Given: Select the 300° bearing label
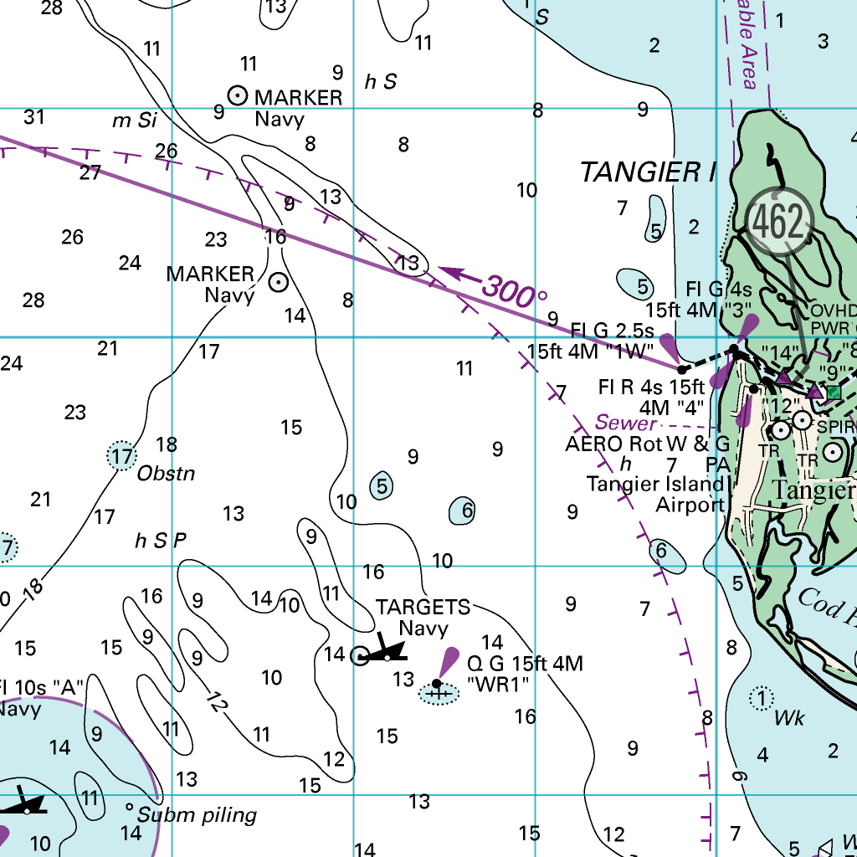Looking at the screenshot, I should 514,291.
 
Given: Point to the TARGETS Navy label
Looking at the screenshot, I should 423,617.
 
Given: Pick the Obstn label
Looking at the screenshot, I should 166,474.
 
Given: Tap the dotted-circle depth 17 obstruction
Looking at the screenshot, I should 122,456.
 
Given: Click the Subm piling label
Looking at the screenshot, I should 197,815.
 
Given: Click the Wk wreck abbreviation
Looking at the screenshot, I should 788,718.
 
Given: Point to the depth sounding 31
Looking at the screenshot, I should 33,116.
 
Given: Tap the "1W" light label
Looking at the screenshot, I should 589,352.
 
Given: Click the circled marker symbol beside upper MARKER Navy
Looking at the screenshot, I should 238,95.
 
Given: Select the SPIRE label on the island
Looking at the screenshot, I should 836,427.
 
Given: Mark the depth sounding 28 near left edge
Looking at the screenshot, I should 33,300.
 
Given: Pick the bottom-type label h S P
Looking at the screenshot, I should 160,541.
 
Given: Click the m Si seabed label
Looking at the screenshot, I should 135,121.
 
